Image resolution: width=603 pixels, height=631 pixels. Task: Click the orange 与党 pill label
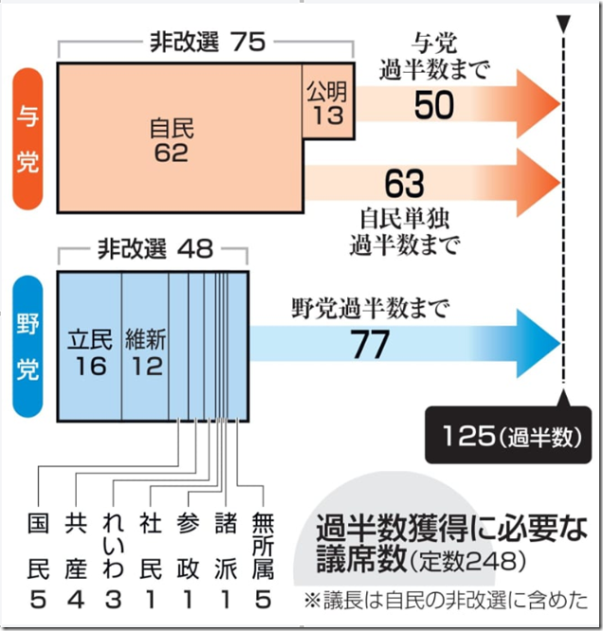pyautogui.click(x=27, y=138)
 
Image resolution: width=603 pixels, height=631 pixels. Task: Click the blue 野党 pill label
pyautogui.click(x=27, y=347)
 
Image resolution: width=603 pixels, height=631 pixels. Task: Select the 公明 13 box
pyautogui.click(x=328, y=101)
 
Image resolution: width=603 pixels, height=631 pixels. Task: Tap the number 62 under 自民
pyautogui.click(x=172, y=153)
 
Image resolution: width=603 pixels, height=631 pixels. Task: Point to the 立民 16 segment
pyautogui.click(x=90, y=347)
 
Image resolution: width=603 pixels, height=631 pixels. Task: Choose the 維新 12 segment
pyautogui.click(x=145, y=347)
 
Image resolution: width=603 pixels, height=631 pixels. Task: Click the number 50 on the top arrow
pyautogui.click(x=434, y=105)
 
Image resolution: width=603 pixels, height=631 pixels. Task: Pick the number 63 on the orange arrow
pyautogui.click(x=405, y=184)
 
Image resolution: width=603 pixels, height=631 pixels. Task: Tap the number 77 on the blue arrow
pyautogui.click(x=370, y=344)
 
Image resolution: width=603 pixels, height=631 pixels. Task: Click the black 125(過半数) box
pyautogui.click(x=508, y=435)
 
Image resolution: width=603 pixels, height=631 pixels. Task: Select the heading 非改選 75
pyautogui.click(x=208, y=42)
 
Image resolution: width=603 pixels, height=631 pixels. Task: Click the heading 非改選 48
pyautogui.click(x=155, y=248)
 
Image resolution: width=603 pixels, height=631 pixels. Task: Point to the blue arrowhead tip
pyautogui.click(x=560, y=344)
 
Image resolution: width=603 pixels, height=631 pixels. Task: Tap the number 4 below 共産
pyautogui.click(x=76, y=599)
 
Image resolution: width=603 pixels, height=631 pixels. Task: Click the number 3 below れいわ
pyautogui.click(x=113, y=599)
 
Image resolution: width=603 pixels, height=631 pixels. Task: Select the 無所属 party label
pyautogui.click(x=263, y=546)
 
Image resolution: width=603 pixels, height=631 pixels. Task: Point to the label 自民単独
pyautogui.click(x=405, y=219)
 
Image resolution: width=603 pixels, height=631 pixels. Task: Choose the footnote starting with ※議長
pyautogui.click(x=446, y=600)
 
